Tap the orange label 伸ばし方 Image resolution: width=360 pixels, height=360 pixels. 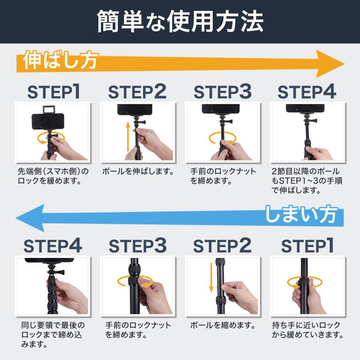[x=61, y=60]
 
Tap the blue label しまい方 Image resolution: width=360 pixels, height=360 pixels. [x=302, y=214]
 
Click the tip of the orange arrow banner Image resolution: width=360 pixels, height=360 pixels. [x=345, y=64]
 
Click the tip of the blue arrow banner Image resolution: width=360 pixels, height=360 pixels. [x=16, y=218]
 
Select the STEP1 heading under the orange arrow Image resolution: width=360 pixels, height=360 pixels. [x=54, y=92]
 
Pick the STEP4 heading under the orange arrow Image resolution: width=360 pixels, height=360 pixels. [x=307, y=92]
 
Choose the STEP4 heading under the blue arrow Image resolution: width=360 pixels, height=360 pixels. [x=52, y=246]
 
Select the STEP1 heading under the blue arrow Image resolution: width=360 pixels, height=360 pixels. [x=307, y=246]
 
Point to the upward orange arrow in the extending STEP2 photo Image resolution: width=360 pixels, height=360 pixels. [x=128, y=137]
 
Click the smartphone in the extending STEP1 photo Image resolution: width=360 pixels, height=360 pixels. [x=48, y=122]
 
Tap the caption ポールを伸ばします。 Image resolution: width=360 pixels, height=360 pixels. [x=138, y=171]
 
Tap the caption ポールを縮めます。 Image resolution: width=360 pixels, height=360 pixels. [x=223, y=325]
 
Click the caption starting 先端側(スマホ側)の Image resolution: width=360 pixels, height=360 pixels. [x=53, y=176]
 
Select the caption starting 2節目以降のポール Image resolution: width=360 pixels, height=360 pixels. [x=307, y=181]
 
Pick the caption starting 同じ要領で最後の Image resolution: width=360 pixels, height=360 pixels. [x=53, y=334]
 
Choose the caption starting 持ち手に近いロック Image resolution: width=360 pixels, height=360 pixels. [x=308, y=330]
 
